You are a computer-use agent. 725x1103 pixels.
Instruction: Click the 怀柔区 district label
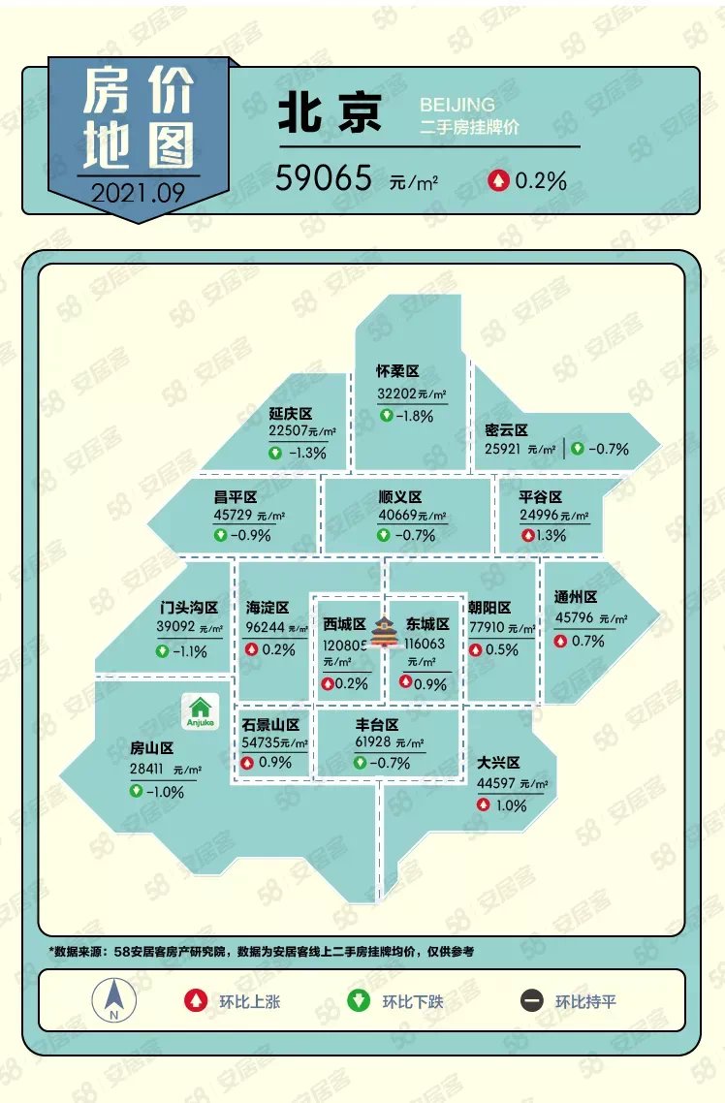pos(397,371)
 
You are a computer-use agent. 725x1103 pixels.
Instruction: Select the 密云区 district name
pos(506,429)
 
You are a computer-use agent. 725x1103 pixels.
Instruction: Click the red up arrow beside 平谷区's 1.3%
pos(528,535)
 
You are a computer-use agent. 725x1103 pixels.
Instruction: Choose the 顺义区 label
pos(400,497)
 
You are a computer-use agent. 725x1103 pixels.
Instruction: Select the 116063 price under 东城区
pos(426,644)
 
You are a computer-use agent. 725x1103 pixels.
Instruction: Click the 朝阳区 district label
pos(489,607)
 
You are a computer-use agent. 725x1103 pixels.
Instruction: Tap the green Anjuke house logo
pos(202,712)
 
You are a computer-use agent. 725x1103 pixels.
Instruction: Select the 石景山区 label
pos(270,725)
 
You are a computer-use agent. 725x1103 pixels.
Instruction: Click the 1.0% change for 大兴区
pos(511,805)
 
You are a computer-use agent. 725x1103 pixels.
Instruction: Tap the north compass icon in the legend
pos(113,999)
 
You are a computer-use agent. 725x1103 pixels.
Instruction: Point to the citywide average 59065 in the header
pos(324,178)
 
